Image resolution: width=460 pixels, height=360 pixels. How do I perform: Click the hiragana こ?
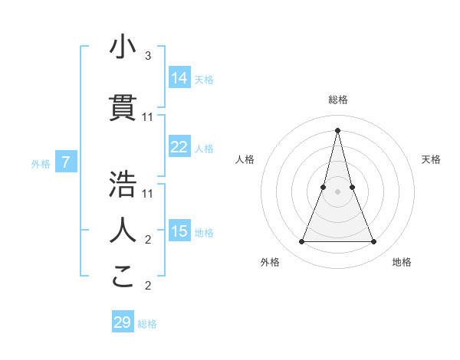pyautogui.click(x=123, y=276)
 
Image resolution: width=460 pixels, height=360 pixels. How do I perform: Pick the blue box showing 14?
pyautogui.click(x=179, y=77)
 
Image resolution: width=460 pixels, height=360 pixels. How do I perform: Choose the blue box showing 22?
pyautogui.click(x=179, y=147)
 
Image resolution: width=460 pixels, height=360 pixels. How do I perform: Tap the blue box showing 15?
pyautogui.click(x=179, y=231)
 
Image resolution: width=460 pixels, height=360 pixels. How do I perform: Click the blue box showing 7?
pyautogui.click(x=66, y=162)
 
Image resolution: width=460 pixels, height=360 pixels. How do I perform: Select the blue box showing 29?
pyautogui.click(x=123, y=322)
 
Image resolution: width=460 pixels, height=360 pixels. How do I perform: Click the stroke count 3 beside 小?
pyautogui.click(x=148, y=56)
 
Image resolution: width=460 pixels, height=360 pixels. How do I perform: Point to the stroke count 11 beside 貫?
pyautogui.click(x=148, y=117)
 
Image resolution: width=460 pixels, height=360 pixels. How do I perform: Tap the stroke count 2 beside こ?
pyautogui.click(x=148, y=286)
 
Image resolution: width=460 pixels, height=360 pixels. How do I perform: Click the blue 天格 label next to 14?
pyautogui.click(x=204, y=80)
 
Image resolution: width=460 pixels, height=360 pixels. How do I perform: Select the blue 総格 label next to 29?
pyautogui.click(x=147, y=325)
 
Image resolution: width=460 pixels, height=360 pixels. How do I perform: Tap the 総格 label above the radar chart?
pyautogui.click(x=337, y=100)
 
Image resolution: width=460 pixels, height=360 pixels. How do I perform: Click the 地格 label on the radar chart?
pyautogui.click(x=402, y=262)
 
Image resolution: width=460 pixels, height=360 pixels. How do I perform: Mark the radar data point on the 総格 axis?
pyautogui.click(x=337, y=129)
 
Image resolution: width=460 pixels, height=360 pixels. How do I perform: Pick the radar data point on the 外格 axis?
pyautogui.click(x=301, y=242)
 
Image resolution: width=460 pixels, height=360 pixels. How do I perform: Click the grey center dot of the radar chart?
pyautogui.click(x=337, y=191)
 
